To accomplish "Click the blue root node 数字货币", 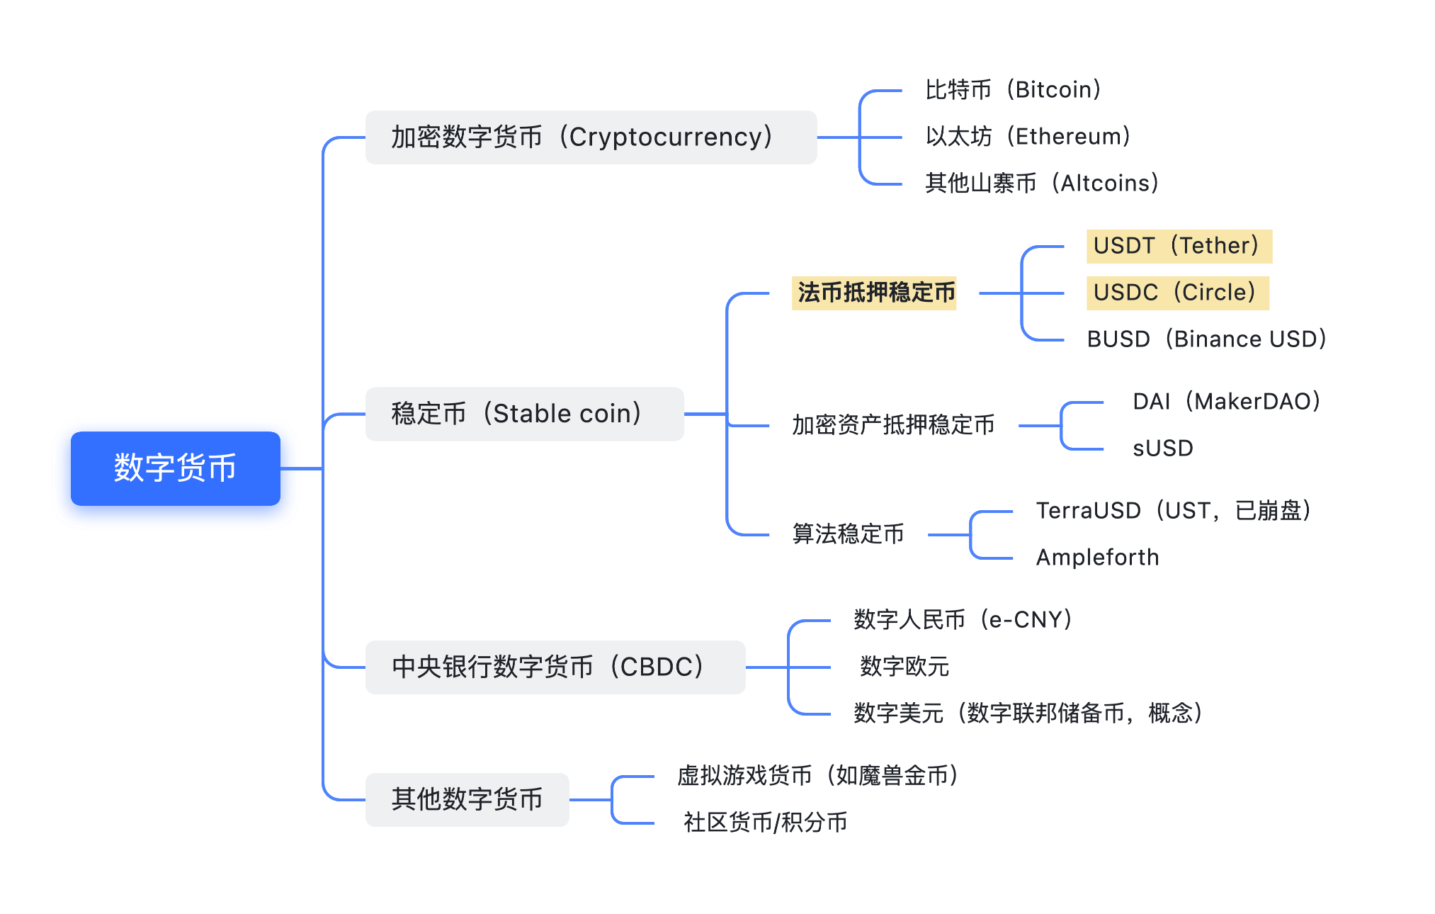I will pos(175,468).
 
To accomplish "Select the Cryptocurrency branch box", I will pos(590,137).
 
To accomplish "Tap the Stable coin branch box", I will pos(524,414).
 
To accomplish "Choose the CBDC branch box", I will pos(555,667).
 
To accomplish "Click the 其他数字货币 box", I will pos(467,799).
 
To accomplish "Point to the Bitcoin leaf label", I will pos(1013,90).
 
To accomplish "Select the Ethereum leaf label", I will pos(1028,137).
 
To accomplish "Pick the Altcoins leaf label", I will pos(1042,184).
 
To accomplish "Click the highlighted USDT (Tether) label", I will pos(1179,246).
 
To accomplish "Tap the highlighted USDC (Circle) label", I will pos(1177,293).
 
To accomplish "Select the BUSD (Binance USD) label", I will pos(1206,339).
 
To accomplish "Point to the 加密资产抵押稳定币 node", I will pos(892,425).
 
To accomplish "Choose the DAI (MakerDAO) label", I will pos(1226,402).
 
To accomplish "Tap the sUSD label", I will pos(1162,448).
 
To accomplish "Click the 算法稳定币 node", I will pos(848,534).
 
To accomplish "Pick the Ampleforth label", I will pos(1097,558).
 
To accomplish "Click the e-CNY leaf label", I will pos(963,620).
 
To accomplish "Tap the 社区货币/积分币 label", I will pos(765,823).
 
